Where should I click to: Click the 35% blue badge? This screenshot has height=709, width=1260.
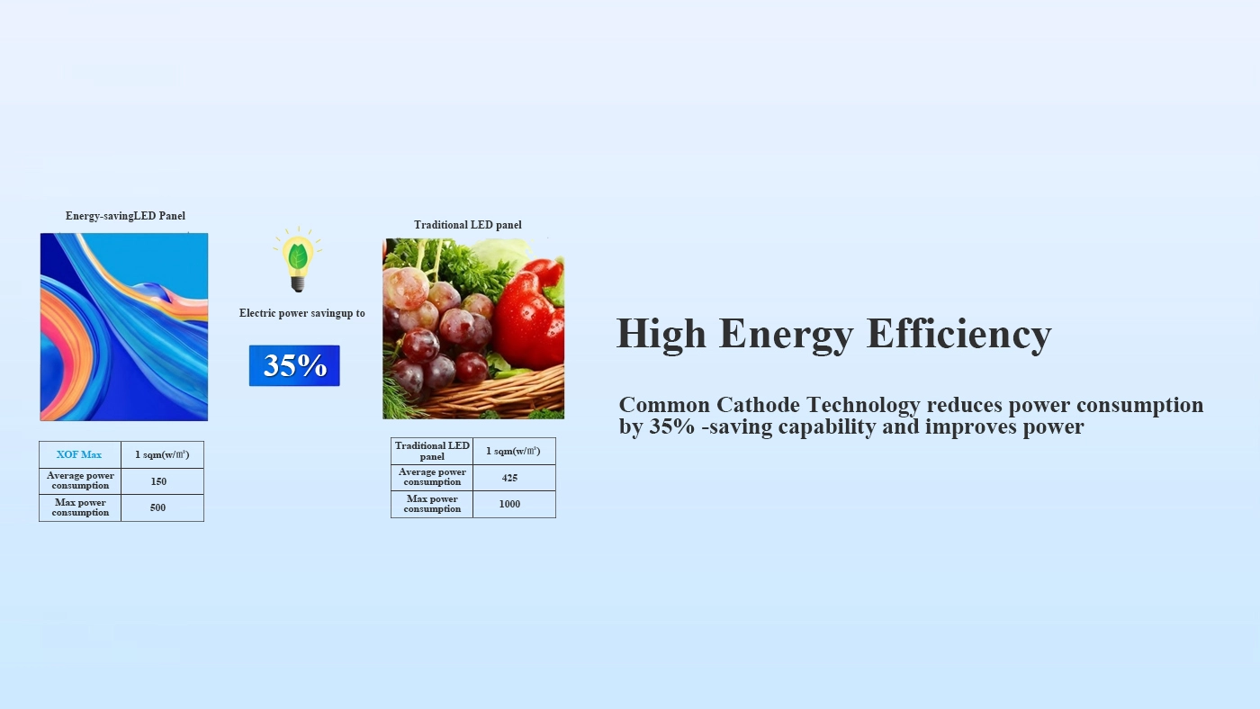coord(294,365)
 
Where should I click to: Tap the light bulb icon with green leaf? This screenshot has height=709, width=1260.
coord(298,260)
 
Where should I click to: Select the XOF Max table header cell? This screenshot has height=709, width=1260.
coord(79,454)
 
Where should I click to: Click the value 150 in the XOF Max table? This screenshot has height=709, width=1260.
coord(158,481)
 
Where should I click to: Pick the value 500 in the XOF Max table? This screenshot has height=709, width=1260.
coord(157,507)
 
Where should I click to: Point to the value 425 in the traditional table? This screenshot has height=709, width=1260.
coord(509,478)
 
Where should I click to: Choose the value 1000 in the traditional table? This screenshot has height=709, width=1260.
coord(509,505)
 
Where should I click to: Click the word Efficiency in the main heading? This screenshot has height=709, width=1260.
coord(959,335)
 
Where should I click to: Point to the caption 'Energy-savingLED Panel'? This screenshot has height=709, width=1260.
coord(125,216)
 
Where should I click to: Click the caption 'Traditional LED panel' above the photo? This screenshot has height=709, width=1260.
coord(468,225)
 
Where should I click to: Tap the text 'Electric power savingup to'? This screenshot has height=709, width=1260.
coord(302,313)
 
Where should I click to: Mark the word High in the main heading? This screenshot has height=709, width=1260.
coord(661,335)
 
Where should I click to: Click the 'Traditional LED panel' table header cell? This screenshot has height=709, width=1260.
coord(432,451)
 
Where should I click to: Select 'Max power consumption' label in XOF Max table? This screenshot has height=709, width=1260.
coord(80,507)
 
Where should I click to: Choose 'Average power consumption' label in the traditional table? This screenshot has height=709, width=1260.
coord(432,478)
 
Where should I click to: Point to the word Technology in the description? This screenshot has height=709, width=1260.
coord(863,406)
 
